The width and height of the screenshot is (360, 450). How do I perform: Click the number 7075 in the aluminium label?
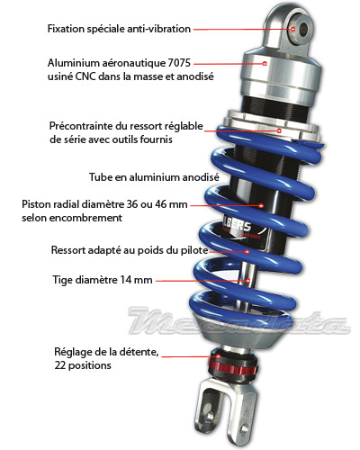179,63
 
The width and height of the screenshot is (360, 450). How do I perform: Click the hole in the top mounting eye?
303,29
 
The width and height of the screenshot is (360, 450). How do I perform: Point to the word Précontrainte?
81,126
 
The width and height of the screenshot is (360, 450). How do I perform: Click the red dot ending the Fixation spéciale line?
292,29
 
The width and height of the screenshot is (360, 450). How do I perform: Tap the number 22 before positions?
60,365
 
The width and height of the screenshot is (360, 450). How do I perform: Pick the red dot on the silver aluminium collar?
265,64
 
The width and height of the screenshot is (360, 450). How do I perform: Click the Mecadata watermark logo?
239,321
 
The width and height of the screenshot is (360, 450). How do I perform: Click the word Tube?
101,177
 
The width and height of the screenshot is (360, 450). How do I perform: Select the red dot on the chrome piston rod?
248,281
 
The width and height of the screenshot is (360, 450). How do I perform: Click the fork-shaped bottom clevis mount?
226,414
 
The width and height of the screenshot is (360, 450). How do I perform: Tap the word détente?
138,352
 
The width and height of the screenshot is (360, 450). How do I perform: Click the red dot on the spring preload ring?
279,130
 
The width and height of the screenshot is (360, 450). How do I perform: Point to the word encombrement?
85,218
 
